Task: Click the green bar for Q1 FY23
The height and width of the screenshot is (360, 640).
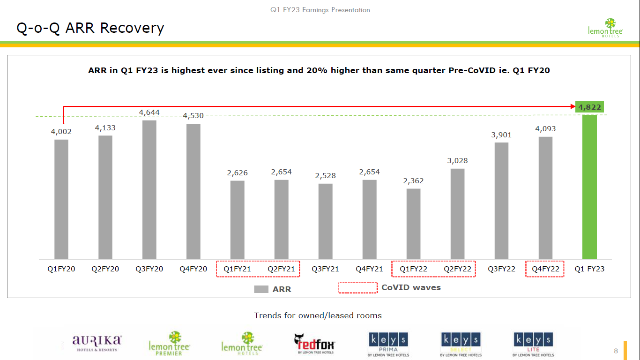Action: [x=589, y=187]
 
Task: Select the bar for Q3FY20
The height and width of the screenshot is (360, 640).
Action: [x=149, y=190]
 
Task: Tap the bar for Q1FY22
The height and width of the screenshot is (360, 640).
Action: [x=413, y=224]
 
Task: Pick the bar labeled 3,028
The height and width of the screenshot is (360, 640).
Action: [x=457, y=214]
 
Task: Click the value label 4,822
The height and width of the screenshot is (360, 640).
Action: [x=589, y=107]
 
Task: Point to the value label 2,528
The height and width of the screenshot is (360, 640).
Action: [x=325, y=176]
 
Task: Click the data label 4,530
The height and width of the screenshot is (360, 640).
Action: [x=193, y=116]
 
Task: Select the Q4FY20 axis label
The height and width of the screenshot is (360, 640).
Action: [x=193, y=269]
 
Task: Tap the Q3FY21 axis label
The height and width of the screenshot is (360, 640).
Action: [x=325, y=269]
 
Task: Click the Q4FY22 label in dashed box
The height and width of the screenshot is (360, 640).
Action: [x=545, y=269]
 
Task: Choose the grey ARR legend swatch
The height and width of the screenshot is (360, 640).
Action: [x=261, y=289]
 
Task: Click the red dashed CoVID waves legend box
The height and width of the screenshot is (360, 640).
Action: [x=358, y=288]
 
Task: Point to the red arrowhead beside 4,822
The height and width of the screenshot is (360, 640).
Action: [x=573, y=107]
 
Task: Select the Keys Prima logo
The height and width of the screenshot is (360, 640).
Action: [x=388, y=345]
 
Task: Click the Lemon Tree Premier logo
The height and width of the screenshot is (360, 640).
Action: [x=169, y=344]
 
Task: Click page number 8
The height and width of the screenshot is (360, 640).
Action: [x=616, y=351]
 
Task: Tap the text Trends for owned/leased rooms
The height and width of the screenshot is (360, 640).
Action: [x=318, y=315]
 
